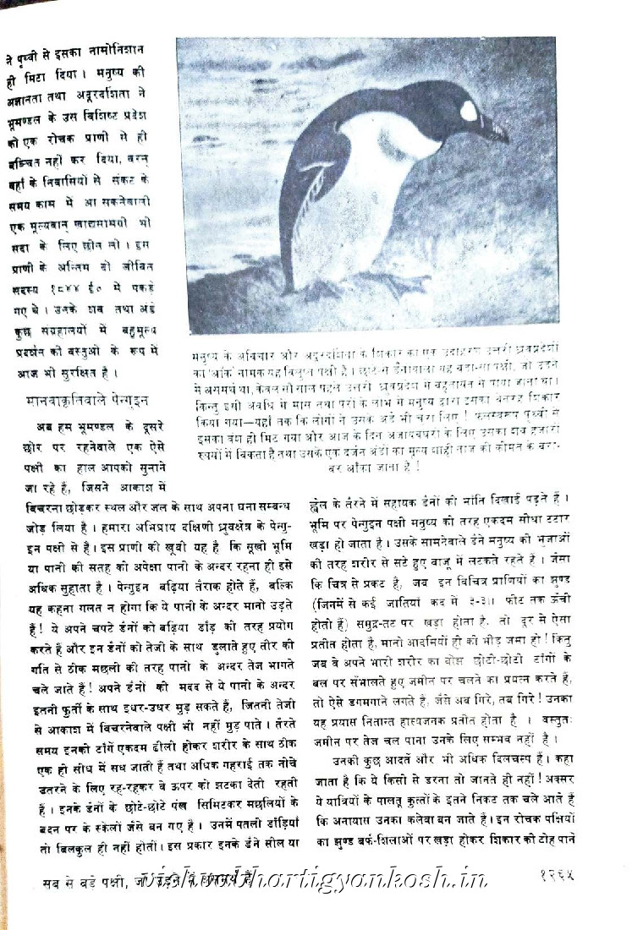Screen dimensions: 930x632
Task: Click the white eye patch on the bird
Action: [x=469, y=111]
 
